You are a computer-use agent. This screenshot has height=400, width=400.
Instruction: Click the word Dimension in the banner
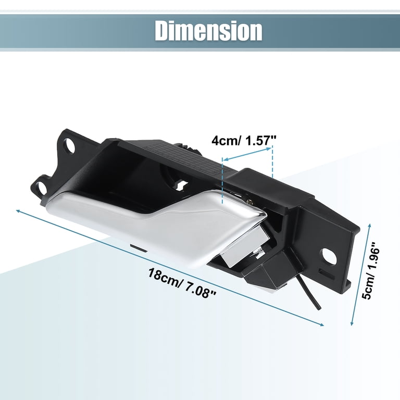208,31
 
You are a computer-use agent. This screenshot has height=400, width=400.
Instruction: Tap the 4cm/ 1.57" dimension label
244,141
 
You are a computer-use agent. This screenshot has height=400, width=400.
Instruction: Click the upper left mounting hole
69,146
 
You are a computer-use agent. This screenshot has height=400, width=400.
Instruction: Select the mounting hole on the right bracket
329,256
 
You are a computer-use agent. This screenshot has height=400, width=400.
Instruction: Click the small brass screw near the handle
251,202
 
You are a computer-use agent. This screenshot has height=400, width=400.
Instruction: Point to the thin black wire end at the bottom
318,309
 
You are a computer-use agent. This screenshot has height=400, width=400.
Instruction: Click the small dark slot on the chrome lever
138,248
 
